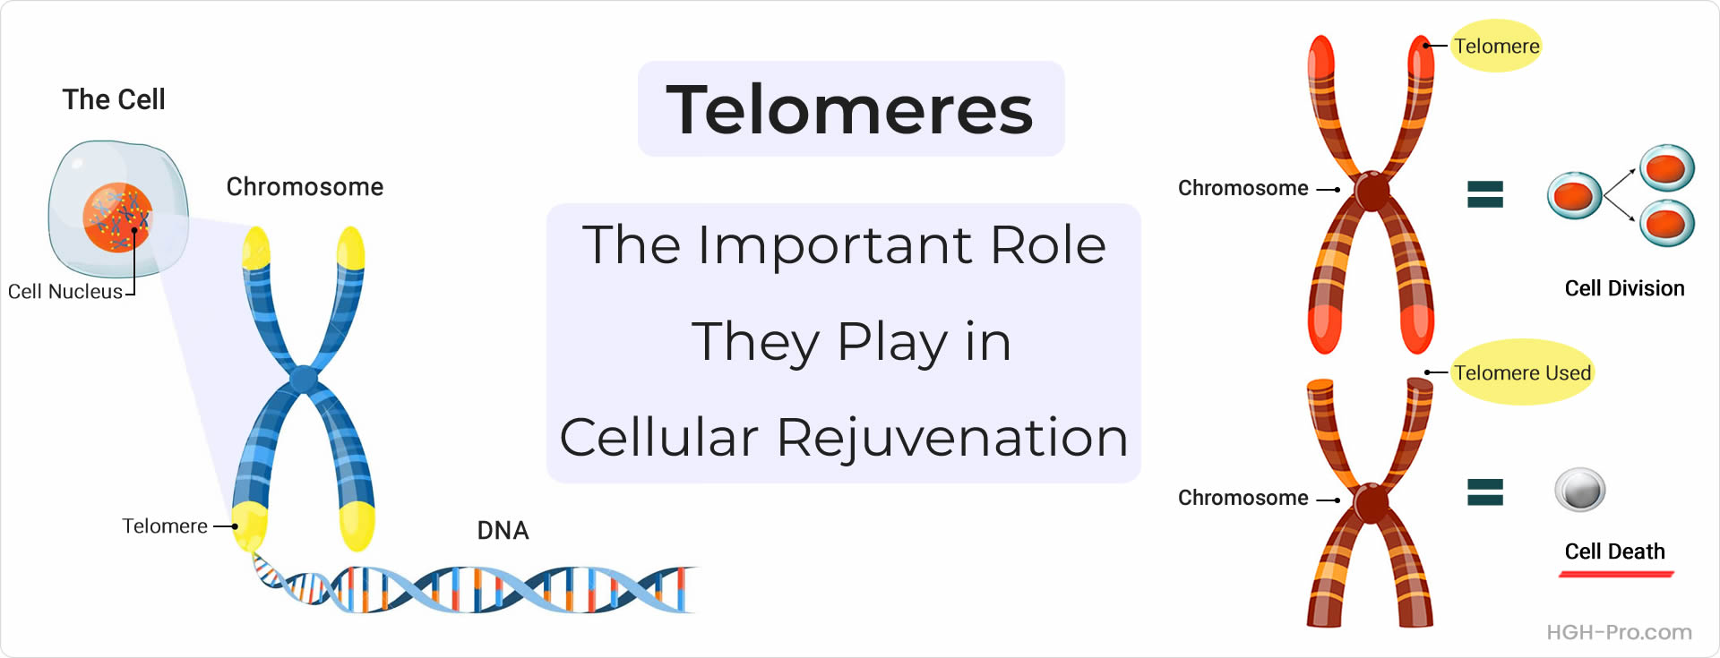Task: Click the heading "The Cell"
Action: [x=114, y=99]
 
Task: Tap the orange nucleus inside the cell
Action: [x=117, y=218]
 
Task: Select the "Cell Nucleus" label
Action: [x=65, y=292]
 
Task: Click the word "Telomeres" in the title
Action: [x=850, y=109]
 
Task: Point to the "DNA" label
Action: [x=503, y=531]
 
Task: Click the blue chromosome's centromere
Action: [x=305, y=380]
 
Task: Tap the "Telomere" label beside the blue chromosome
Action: [x=165, y=526]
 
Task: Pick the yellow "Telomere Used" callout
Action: [x=1522, y=372]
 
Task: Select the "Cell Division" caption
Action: [x=1624, y=288]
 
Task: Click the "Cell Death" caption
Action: [x=1614, y=551]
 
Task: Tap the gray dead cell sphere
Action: [x=1579, y=490]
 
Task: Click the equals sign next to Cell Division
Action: [x=1484, y=194]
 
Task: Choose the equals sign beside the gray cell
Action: [x=1484, y=491]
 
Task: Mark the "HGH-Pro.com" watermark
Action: [x=1619, y=632]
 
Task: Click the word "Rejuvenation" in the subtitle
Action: [x=951, y=438]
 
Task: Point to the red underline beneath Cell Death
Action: [x=1616, y=574]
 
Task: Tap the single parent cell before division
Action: [x=1574, y=195]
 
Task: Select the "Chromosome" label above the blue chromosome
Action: [x=305, y=186]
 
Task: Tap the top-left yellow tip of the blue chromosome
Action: [x=256, y=248]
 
